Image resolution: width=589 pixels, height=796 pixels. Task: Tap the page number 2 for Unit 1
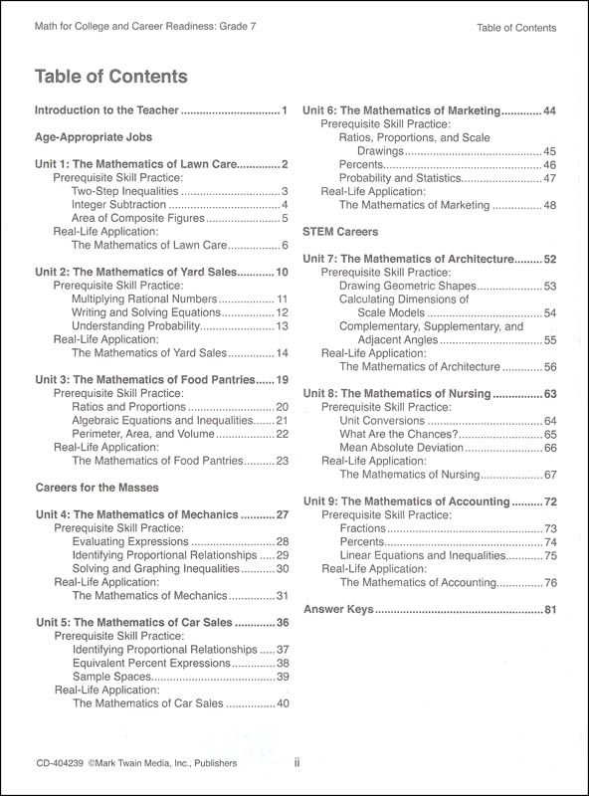pos(285,164)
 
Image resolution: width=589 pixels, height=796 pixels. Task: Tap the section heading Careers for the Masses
pos(98,489)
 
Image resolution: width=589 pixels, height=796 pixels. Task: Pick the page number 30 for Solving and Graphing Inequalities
pos(282,568)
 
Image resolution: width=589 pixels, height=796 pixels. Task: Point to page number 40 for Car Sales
pos(282,703)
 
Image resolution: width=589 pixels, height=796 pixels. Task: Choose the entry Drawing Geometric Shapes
pos(408,286)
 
